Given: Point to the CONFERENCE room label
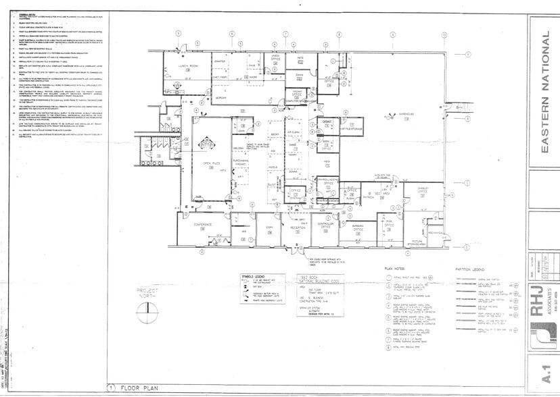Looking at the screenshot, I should pos(203,225).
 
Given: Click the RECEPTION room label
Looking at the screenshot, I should pos(299,228).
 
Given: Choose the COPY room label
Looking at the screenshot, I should pos(269,228).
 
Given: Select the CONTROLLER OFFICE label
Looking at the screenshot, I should pos(326,226).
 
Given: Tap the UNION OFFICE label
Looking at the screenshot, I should pos(275,60).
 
